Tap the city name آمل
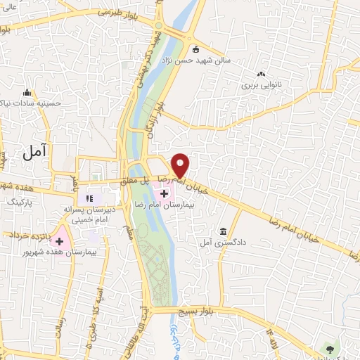(x=34, y=150)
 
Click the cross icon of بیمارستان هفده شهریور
(x=59, y=241)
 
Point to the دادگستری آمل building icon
(x=223, y=231)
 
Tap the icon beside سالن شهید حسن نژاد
(x=195, y=49)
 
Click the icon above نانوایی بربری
(x=262, y=74)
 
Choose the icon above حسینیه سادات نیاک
(x=27, y=92)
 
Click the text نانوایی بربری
(x=262, y=85)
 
